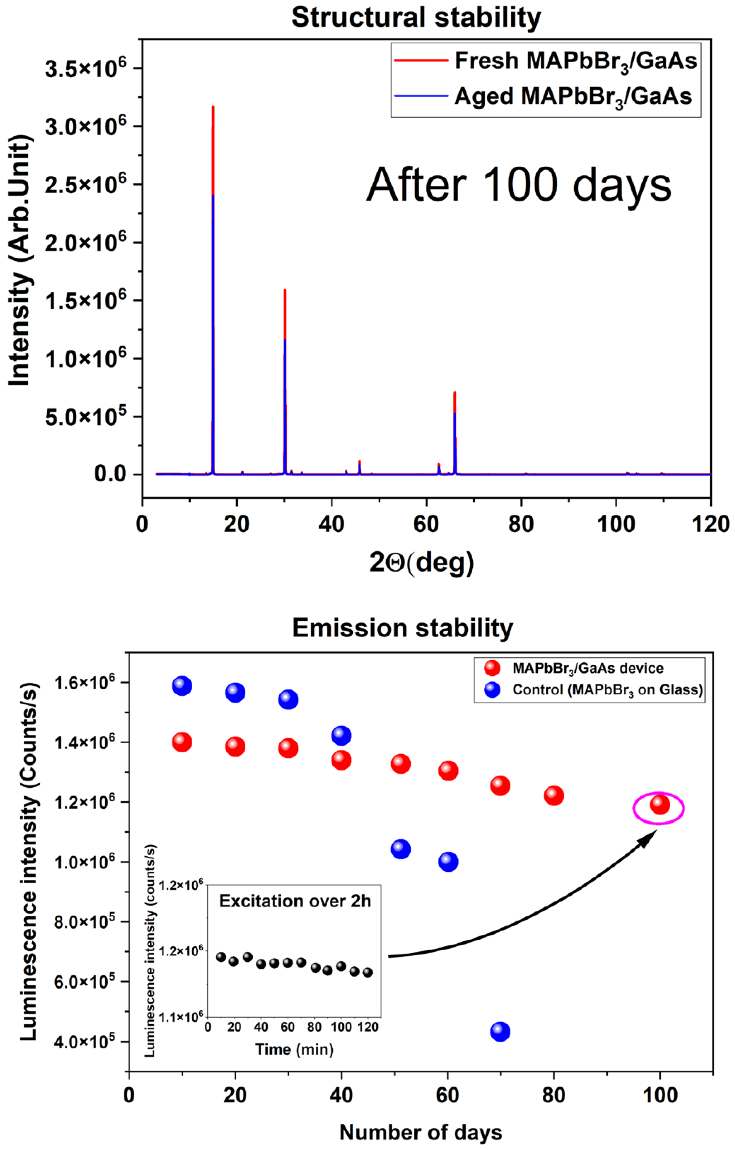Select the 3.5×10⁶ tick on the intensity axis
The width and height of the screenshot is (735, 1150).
coord(86,68)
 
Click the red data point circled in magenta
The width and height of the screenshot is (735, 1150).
coord(660,805)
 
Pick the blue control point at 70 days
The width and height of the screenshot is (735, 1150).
coord(500,1032)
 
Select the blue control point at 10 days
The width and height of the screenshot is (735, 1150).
coord(182,686)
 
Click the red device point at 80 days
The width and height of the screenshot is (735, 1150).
coord(554,796)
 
